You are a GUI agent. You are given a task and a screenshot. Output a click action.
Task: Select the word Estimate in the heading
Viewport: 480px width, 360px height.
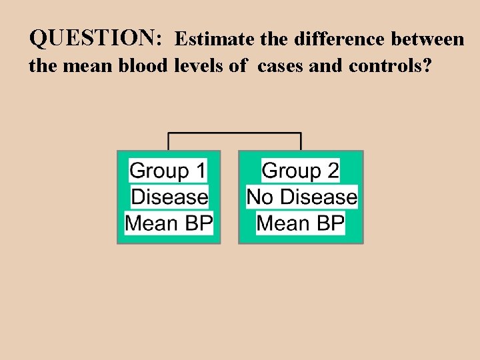[215, 39]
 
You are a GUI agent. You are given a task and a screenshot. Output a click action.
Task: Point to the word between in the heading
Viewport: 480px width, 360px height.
[427, 39]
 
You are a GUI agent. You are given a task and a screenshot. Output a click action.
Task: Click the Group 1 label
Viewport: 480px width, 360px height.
[168, 171]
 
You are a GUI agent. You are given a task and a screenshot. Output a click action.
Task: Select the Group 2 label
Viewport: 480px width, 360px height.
[301, 171]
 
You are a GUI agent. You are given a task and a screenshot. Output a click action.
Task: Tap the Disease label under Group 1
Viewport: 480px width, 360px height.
[169, 197]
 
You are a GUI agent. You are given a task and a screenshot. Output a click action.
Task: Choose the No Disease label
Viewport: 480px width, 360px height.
[301, 197]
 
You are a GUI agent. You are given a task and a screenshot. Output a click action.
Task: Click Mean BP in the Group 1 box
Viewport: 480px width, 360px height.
[169, 223]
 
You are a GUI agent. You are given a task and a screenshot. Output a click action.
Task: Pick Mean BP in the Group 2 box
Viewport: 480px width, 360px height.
[301, 223]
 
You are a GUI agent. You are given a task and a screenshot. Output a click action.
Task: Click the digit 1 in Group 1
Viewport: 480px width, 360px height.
[199, 171]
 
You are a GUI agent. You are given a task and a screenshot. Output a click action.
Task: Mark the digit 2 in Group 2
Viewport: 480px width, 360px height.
[333, 171]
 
